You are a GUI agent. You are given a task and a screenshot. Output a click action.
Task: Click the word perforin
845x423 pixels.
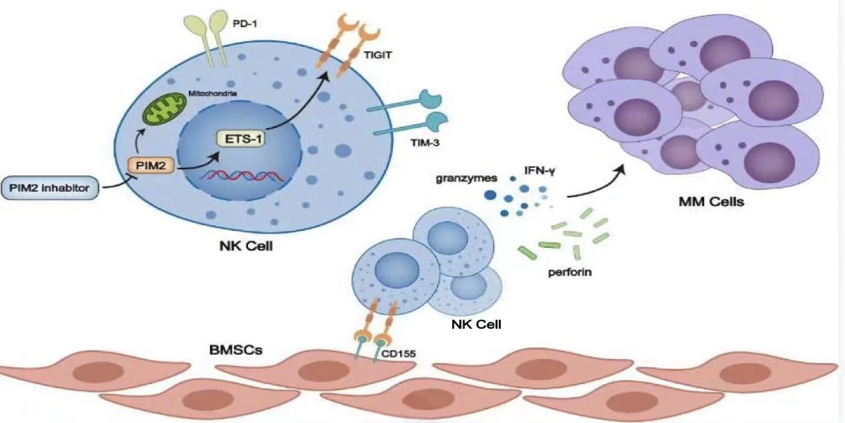pyautogui.click(x=569, y=272)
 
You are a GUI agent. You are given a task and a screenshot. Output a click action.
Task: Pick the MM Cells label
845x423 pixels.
pyautogui.click(x=710, y=202)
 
